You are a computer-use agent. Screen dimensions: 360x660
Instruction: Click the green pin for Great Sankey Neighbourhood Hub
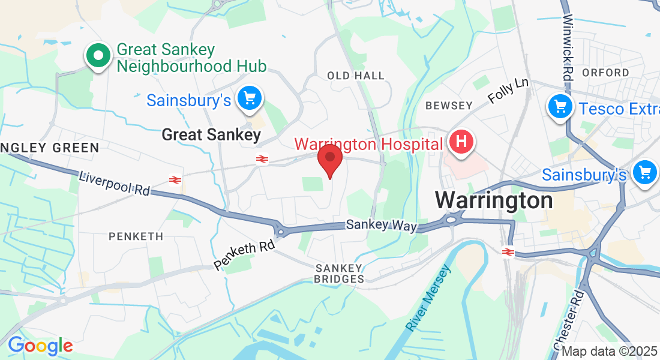[x=98, y=56]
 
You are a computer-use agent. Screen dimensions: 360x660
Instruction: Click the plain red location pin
[x=329, y=158]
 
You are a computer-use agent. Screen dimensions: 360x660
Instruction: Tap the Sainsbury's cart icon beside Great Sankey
[x=249, y=98]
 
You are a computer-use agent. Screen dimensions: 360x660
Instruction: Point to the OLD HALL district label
[x=355, y=76]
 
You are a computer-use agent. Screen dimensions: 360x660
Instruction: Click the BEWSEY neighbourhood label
[x=449, y=106]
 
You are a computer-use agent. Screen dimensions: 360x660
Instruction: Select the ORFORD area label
[x=605, y=73]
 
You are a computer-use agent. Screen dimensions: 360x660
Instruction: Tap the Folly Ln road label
[x=508, y=90]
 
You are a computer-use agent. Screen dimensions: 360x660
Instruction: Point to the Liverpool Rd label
[x=114, y=183]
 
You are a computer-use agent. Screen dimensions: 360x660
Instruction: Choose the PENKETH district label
[x=136, y=236]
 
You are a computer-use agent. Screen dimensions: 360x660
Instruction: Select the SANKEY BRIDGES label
[x=340, y=273]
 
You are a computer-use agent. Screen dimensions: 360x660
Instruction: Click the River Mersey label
[x=427, y=298]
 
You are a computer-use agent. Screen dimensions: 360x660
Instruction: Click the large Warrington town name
[x=494, y=200]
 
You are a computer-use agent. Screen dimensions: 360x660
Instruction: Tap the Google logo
[x=40, y=346]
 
